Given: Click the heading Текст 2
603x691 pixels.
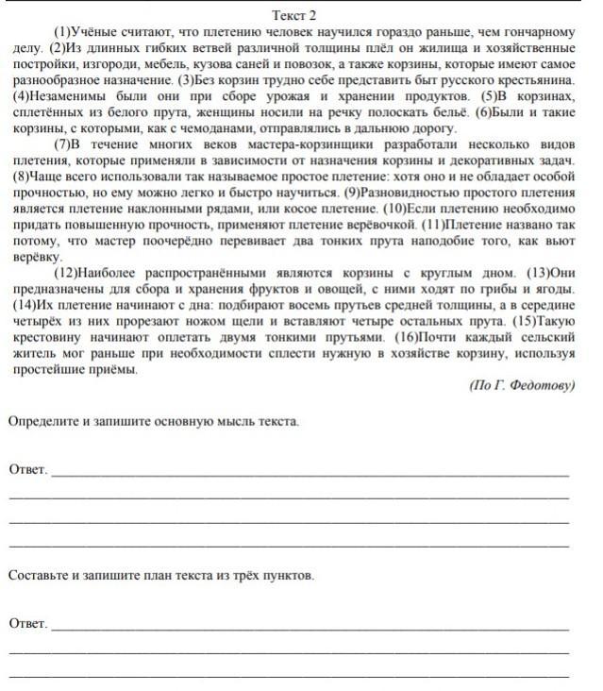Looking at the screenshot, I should point(293,16).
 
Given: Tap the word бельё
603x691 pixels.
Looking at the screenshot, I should point(438,113).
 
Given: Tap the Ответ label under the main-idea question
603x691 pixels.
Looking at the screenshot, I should point(26,469).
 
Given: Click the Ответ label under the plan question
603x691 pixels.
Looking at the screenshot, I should point(26,623).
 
